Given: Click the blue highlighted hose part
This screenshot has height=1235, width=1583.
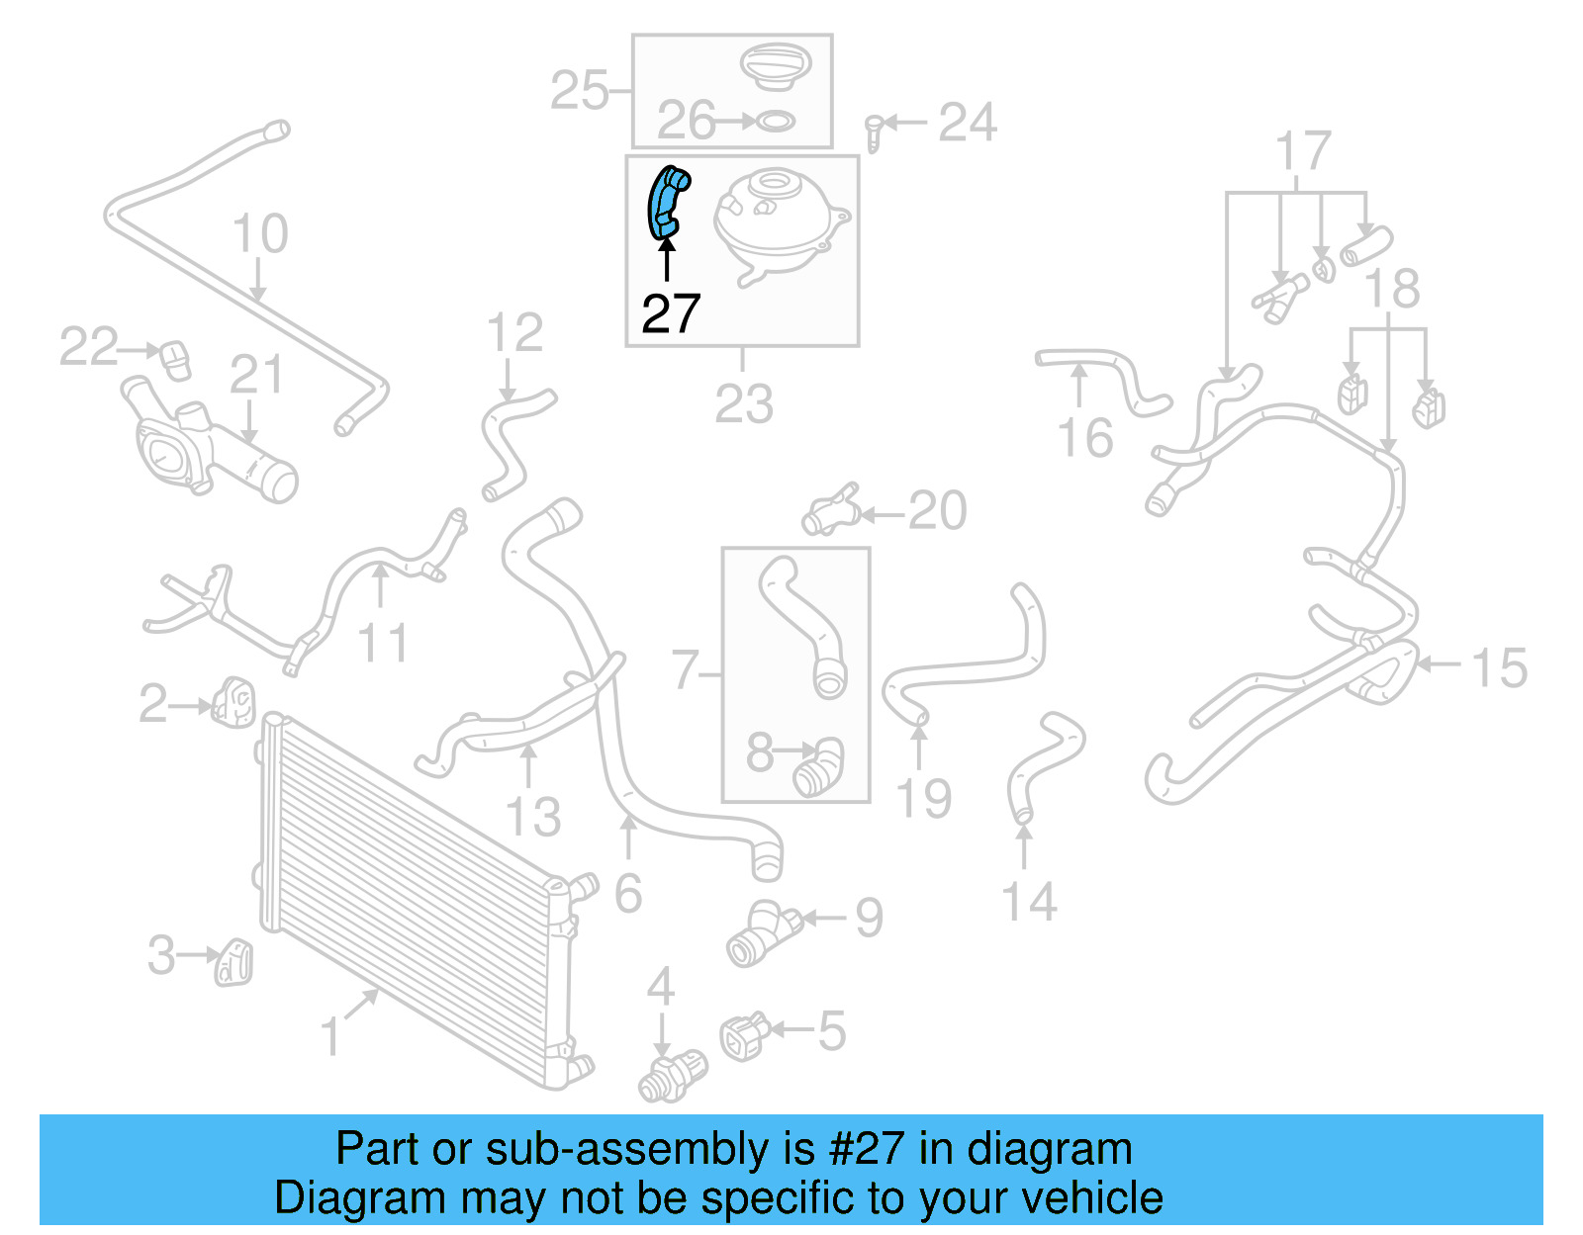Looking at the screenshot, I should (x=667, y=203).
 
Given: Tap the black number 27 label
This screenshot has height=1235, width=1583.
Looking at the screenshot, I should (x=671, y=313).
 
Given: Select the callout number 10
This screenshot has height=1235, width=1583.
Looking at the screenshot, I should (x=259, y=234).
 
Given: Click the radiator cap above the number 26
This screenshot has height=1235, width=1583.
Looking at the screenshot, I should (x=776, y=66).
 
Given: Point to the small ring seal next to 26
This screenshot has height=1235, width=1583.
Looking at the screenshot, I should (x=775, y=123).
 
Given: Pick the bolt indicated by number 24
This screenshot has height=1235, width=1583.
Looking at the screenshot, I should (x=874, y=132).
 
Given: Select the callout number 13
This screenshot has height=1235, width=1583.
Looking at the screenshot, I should (x=532, y=817).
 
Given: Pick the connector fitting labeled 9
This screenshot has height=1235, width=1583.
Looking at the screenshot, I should (x=762, y=932).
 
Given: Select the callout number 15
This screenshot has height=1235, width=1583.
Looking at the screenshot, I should (x=1499, y=668).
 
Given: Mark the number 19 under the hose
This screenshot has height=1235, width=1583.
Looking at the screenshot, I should (x=923, y=799).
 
